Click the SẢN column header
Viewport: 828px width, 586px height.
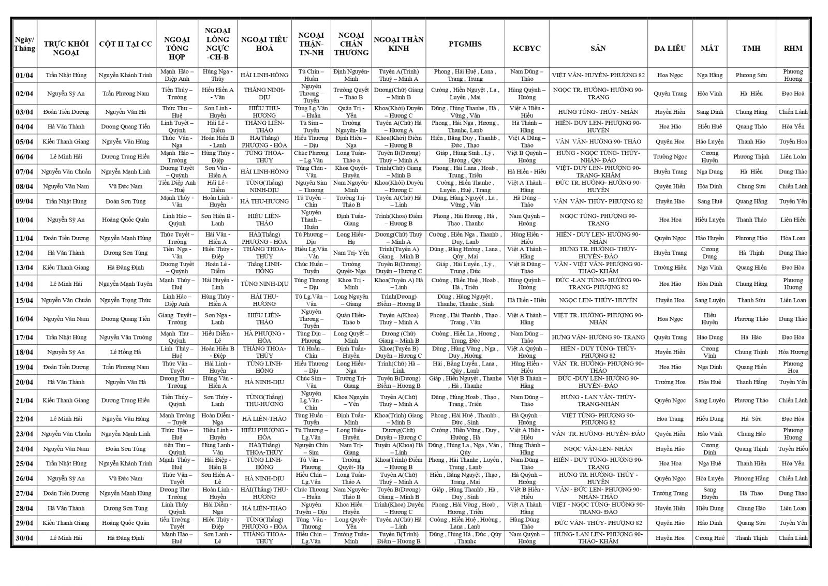(x=598, y=48)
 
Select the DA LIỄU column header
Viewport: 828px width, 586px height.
(x=670, y=48)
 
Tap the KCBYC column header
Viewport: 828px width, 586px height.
(x=526, y=48)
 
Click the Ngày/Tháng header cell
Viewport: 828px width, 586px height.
(x=24, y=44)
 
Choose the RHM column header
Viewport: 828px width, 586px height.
(x=792, y=48)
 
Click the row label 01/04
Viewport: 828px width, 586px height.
(x=24, y=75)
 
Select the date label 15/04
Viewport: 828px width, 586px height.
(x=24, y=300)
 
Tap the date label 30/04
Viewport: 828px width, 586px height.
(x=24, y=538)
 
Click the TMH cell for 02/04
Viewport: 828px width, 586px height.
(x=751, y=94)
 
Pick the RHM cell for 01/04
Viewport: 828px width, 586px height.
(x=792, y=75)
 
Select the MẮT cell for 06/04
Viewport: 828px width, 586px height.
(x=709, y=156)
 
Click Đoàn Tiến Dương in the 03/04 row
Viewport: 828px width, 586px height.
(x=66, y=112)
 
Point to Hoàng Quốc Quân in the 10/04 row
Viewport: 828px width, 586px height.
(x=125, y=219)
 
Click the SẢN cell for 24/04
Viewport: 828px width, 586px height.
(x=598, y=449)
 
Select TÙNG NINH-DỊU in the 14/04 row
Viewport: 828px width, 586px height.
(x=264, y=284)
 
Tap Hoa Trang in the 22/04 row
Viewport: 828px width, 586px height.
(x=670, y=419)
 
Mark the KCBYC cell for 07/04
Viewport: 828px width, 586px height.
(x=526, y=171)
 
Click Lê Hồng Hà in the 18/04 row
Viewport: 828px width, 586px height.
(x=125, y=352)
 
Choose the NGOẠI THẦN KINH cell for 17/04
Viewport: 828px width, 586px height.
(x=398, y=337)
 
